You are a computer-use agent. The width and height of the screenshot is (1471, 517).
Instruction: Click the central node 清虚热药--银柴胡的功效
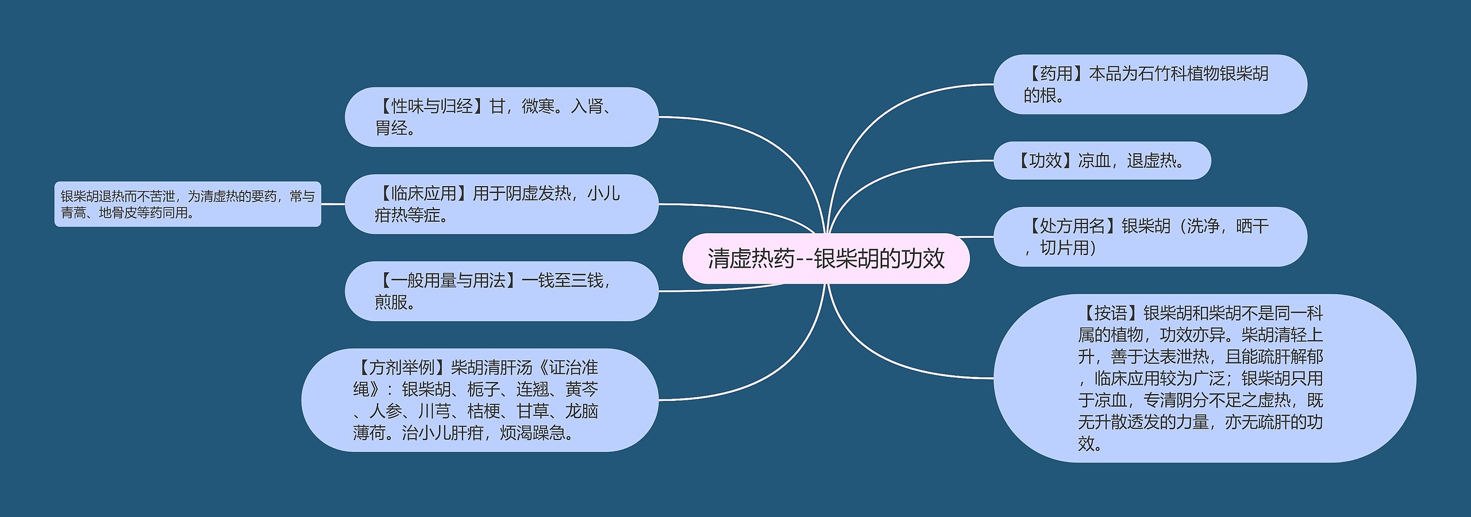click(826, 258)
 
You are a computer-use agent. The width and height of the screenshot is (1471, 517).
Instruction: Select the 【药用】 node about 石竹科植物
click(1150, 84)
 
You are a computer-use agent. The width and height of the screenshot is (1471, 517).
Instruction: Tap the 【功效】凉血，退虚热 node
click(1102, 161)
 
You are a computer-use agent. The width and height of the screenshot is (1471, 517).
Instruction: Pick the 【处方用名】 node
click(1150, 237)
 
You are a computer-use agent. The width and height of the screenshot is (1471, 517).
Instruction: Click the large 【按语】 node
click(1204, 378)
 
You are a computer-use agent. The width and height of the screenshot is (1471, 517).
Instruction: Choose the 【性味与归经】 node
click(501, 117)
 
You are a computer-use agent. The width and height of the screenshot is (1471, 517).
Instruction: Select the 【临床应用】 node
click(501, 204)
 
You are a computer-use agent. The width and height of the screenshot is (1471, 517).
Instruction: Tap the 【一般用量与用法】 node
click(501, 291)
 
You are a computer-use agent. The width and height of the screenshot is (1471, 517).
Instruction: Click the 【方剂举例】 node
click(480, 400)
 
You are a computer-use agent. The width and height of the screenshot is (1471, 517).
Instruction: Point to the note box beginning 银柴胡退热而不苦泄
click(187, 205)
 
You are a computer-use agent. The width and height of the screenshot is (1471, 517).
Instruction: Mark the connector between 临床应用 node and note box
click(333, 204)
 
